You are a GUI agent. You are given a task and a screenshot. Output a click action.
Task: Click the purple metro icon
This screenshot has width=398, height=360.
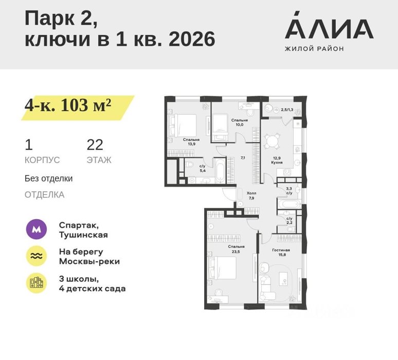(x=37, y=229)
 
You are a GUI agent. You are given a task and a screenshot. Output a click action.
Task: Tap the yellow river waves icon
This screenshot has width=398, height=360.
(x=37, y=256)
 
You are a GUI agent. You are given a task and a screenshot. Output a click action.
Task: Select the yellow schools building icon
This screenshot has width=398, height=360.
(x=37, y=283)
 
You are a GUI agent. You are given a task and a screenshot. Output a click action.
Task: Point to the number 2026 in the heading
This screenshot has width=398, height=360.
(x=192, y=40)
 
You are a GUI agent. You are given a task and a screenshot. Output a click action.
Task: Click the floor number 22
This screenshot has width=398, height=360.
(x=95, y=145)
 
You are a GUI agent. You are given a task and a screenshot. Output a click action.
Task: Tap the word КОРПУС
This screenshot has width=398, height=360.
(x=42, y=160)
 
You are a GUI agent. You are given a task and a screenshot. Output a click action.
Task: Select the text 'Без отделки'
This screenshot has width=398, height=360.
(x=48, y=178)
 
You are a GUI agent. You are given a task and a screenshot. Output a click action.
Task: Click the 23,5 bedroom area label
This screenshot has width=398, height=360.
(x=236, y=249)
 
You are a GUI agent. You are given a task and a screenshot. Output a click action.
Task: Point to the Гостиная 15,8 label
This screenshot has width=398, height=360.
(x=281, y=252)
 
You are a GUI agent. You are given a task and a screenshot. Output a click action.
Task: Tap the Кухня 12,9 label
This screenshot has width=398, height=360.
(x=277, y=160)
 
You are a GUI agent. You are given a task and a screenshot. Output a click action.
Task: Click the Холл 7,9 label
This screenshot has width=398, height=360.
(x=251, y=195)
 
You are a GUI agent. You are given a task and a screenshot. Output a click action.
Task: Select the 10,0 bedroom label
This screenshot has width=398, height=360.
(x=239, y=122)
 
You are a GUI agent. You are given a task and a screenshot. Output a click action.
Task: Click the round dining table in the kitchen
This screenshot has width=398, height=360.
(x=272, y=140)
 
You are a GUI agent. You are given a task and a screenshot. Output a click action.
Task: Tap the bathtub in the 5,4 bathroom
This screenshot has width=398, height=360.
(x=220, y=170)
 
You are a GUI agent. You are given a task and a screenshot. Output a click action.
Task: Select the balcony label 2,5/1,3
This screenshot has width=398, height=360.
(x=287, y=110)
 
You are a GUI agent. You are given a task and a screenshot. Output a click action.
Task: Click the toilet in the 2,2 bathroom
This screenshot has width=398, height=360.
(x=291, y=229)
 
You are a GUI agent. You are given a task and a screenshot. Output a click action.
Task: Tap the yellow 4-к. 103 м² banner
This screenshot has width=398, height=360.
(x=78, y=107)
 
